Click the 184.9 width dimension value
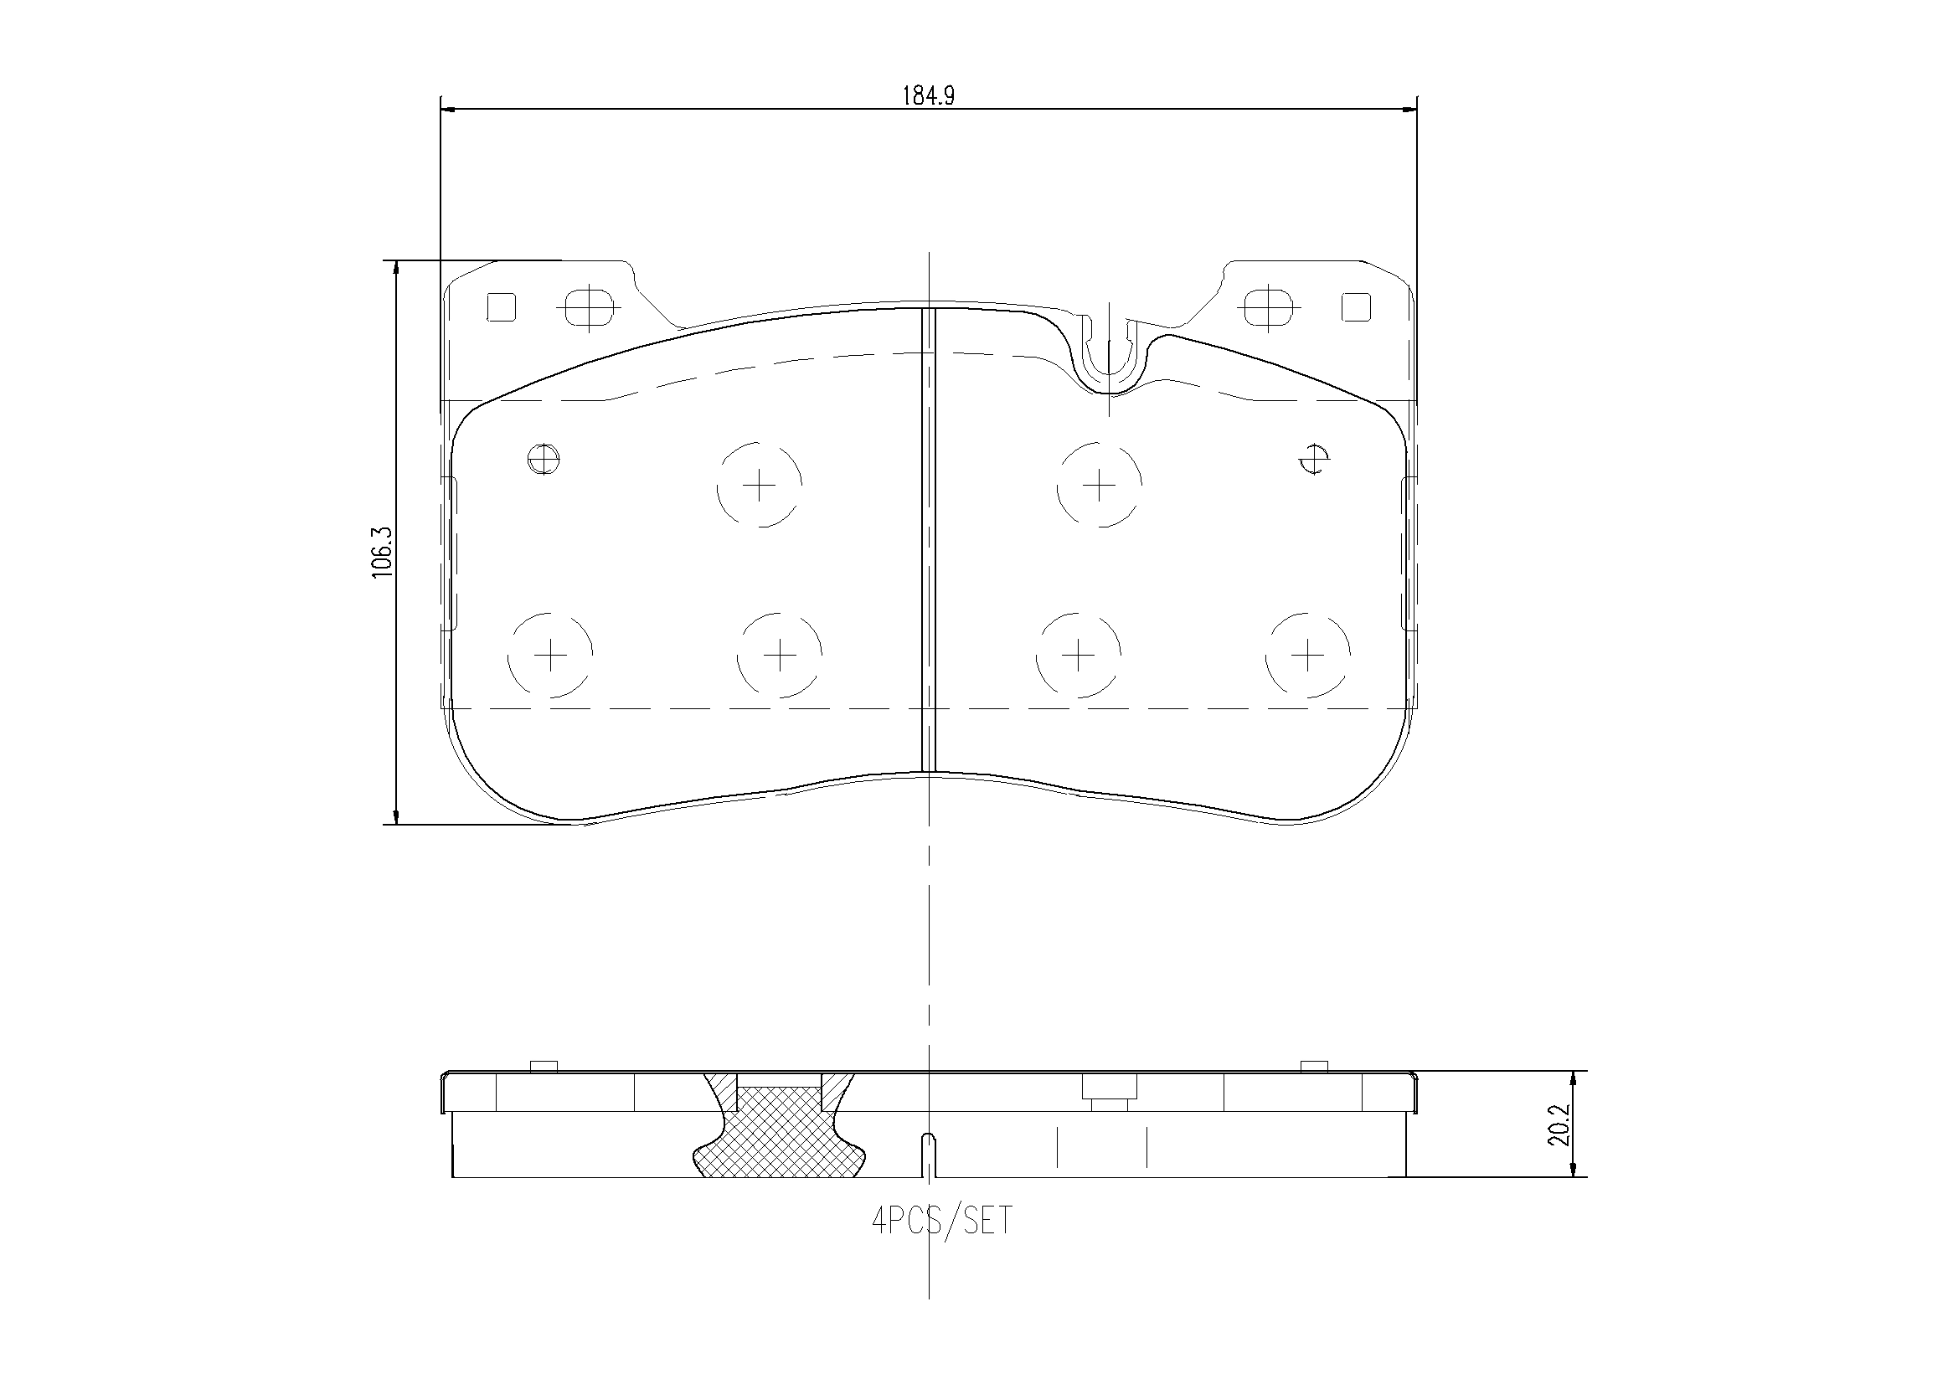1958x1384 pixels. coord(928,95)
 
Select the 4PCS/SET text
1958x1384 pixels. coord(941,1221)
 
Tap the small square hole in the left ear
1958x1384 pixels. coord(501,307)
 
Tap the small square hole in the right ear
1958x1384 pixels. coord(1355,307)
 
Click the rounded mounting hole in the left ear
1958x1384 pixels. coord(589,307)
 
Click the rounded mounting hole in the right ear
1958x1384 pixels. coord(1267,307)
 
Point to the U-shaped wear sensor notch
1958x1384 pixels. coord(1108,358)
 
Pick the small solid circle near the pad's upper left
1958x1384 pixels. coord(544,460)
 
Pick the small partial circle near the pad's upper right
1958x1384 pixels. coord(1314,460)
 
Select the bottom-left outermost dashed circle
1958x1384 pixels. coord(550,655)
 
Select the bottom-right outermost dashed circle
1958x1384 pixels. coord(1306,655)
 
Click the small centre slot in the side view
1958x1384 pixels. coord(929,1155)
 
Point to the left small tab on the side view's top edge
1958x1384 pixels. coord(544,1067)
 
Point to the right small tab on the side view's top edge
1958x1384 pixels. coord(1314,1067)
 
